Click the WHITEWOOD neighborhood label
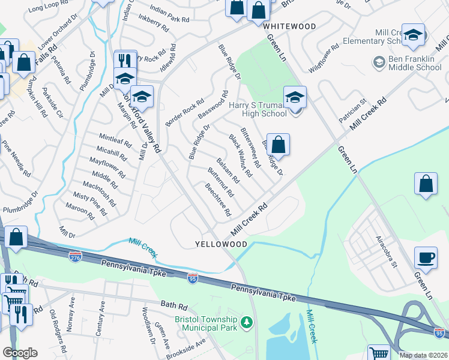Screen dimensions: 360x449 [x=289, y=27]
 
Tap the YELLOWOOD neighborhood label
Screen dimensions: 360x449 [x=221, y=245]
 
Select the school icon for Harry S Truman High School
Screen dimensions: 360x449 [x=295, y=98]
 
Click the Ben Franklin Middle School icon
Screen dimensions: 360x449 [x=379, y=62]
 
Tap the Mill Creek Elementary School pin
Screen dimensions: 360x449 [x=413, y=36]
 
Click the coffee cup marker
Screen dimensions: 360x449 [x=426, y=258]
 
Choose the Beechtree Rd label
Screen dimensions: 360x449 [x=217, y=200]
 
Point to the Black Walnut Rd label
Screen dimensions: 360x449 [x=241, y=155]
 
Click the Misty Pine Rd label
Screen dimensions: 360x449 [x=89, y=205]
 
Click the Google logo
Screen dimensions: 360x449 [x=19, y=353]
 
